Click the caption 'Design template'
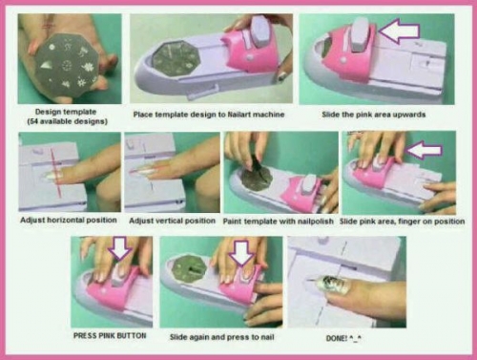coord(66,112)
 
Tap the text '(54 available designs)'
coord(68,121)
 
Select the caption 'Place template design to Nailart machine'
coord(209,115)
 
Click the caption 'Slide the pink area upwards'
coord(373,115)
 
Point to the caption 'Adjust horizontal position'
coord(69,220)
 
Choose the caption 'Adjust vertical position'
coord(172,221)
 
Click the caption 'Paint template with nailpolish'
coord(279,222)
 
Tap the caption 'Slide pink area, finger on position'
coord(402,222)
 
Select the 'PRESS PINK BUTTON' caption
coord(110,335)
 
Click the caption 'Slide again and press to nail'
coord(221,337)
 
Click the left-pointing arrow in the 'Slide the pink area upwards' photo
coord(400,31)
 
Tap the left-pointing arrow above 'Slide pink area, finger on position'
coord(425,150)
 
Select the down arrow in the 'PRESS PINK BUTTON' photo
coord(120,247)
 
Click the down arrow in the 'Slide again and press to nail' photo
coord(242,252)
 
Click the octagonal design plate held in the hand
coord(68,66)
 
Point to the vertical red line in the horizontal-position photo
coord(55,172)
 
